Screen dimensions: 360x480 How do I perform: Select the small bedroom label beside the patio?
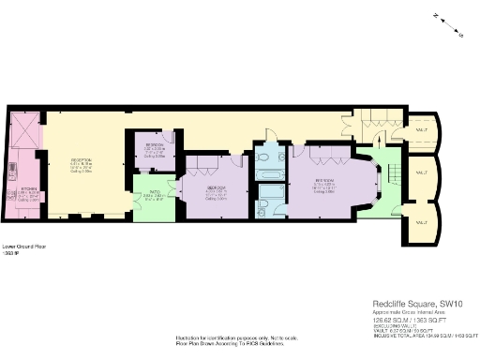pos(153,149)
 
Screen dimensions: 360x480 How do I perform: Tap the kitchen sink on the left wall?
pos(11,172)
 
